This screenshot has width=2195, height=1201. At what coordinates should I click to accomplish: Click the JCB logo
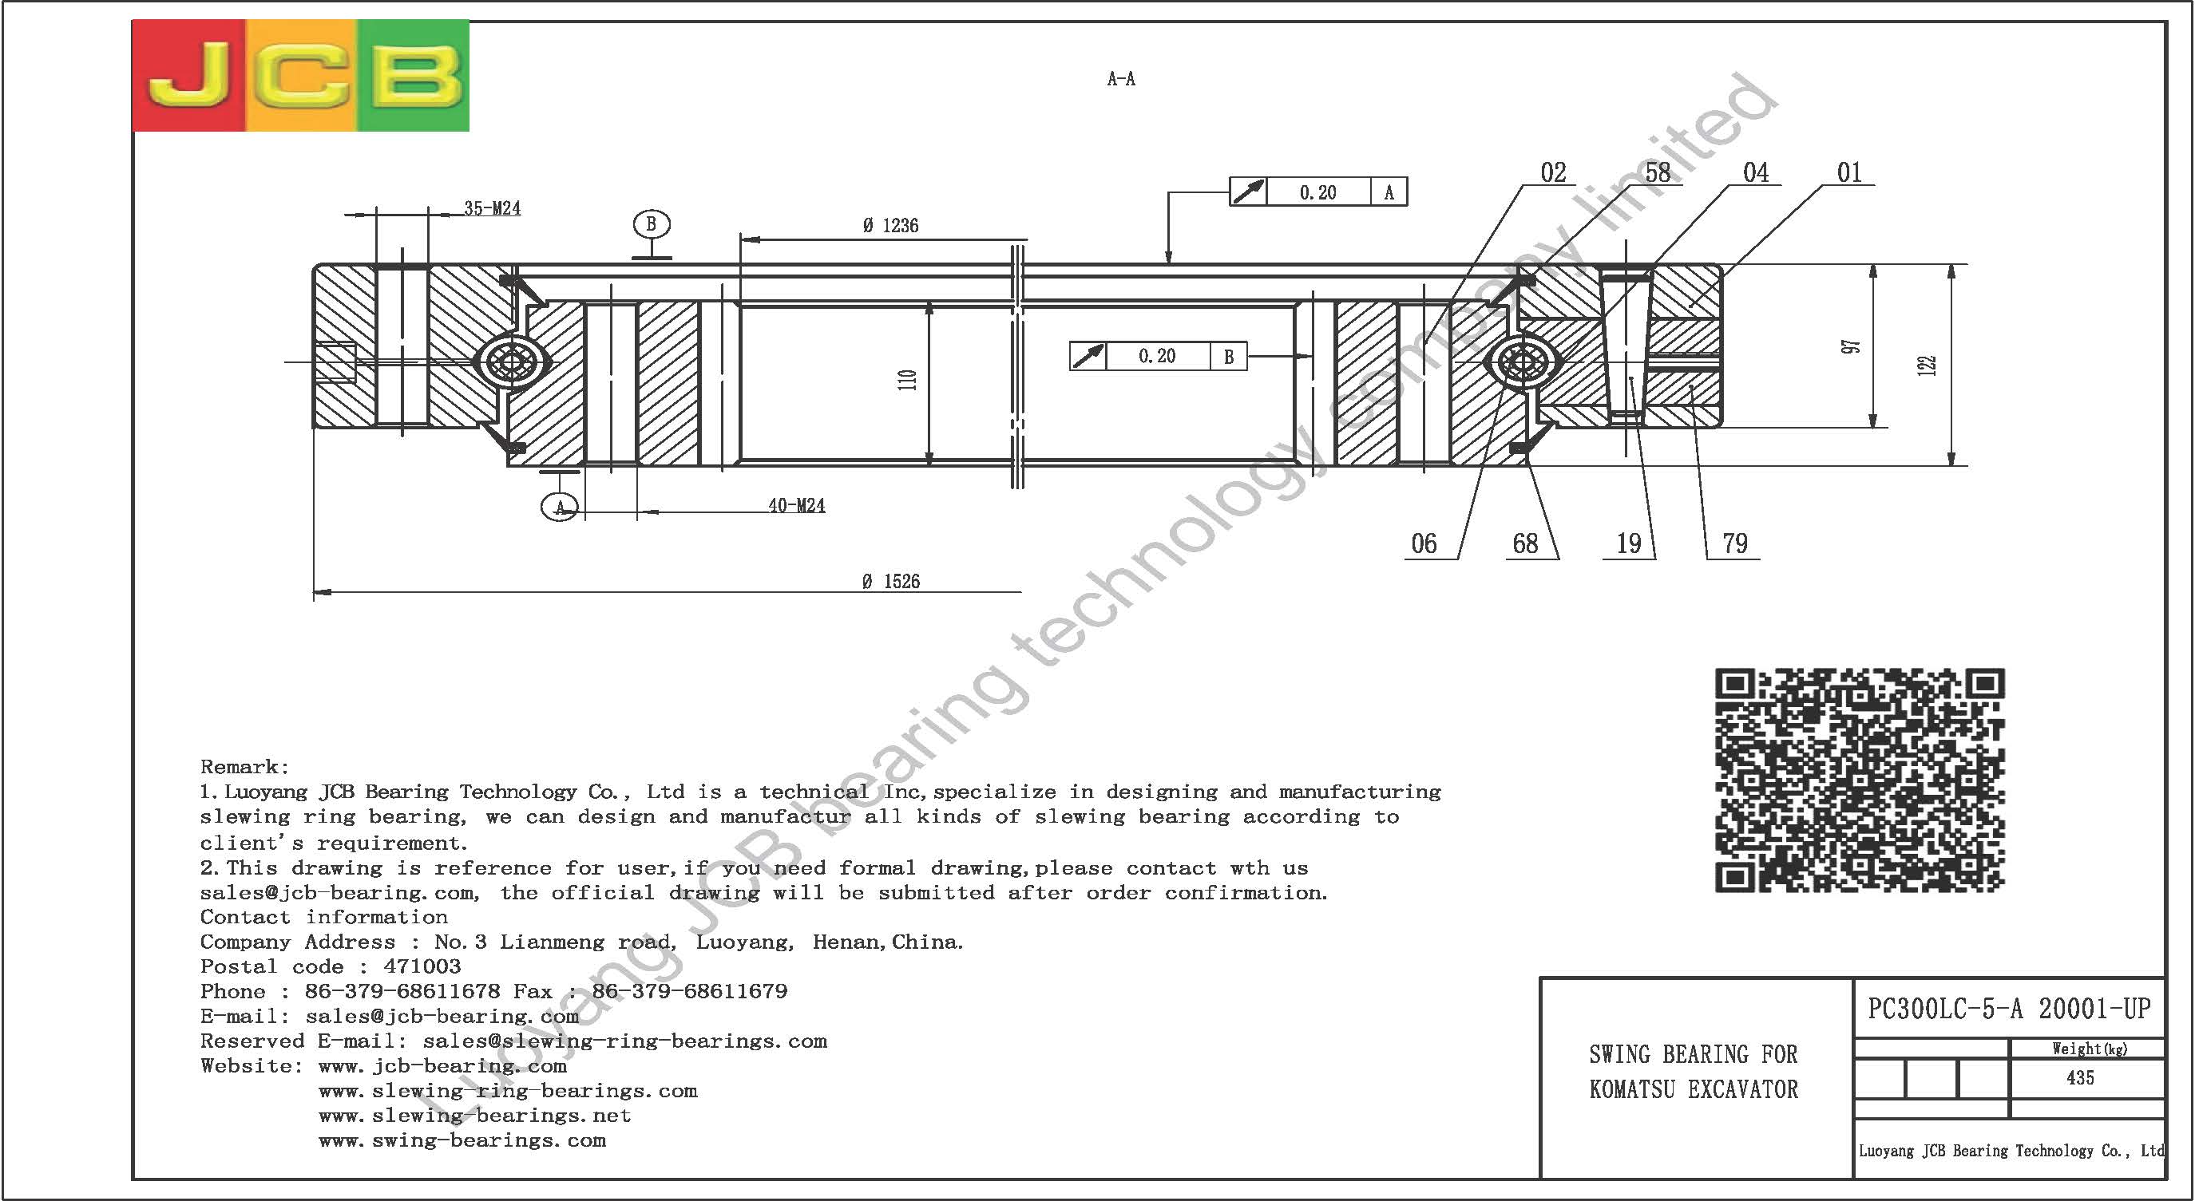click(x=301, y=76)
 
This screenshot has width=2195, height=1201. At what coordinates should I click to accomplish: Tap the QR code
click(x=1860, y=780)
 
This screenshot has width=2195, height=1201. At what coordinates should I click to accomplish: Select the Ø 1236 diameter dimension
click(x=890, y=226)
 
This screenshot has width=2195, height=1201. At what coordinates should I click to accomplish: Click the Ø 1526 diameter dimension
click(x=891, y=582)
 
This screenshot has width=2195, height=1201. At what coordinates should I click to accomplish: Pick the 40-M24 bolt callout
click(x=797, y=506)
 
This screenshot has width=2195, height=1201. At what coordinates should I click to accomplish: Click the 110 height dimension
click(x=908, y=380)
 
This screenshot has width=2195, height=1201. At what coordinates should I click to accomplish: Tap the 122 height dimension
click(x=1927, y=365)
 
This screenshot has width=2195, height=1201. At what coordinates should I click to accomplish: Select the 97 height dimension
click(x=1851, y=346)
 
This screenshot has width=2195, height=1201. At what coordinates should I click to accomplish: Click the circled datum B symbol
click(x=652, y=224)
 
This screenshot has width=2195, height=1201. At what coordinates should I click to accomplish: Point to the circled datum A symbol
click(x=560, y=508)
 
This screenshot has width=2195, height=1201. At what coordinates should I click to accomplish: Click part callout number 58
click(x=1658, y=173)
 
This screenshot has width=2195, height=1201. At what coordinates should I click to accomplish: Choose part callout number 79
click(x=1735, y=543)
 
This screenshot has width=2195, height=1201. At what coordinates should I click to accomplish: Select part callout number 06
click(x=1424, y=543)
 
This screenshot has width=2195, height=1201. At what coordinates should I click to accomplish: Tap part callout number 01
click(x=1849, y=173)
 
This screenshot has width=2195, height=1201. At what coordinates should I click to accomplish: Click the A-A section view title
click(x=1121, y=79)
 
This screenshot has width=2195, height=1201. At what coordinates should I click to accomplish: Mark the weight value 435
click(x=2080, y=1078)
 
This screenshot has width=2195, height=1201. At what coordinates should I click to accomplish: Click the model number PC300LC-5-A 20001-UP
click(x=2009, y=1009)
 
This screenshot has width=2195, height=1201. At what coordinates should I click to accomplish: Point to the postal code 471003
click(x=422, y=966)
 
